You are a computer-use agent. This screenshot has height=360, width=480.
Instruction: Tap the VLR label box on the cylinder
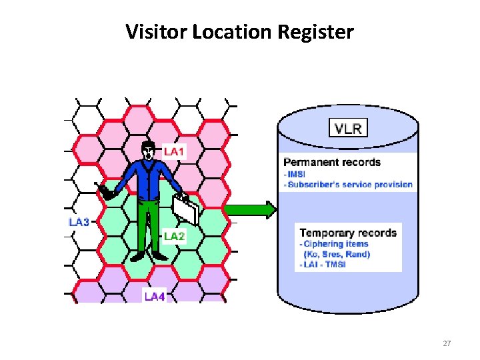347,128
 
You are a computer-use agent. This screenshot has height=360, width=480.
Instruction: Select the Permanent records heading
331,162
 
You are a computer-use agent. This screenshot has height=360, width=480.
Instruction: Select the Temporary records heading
348,233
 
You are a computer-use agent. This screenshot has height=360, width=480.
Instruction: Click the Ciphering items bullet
336,243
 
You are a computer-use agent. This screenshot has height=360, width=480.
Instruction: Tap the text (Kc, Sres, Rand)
337,254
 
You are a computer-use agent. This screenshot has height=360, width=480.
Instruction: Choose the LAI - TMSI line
324,265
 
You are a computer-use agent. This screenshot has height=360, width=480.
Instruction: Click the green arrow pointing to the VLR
251,209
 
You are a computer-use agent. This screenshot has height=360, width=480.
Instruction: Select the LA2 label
174,236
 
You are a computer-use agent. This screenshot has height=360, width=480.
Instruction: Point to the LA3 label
79,222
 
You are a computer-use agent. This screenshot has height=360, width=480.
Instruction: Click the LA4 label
155,296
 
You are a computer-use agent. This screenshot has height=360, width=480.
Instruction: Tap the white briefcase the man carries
187,211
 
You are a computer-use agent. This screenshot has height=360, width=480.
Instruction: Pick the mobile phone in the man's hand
105,193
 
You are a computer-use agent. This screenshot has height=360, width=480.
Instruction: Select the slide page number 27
447,343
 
